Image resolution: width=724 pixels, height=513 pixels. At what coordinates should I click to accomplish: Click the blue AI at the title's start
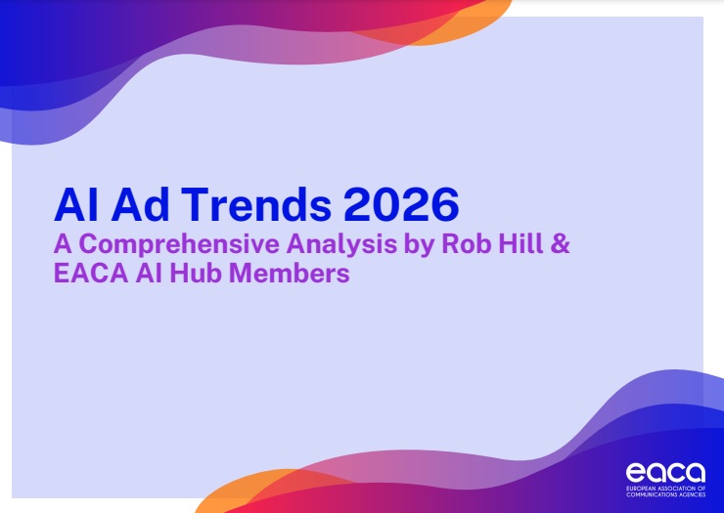point(71,204)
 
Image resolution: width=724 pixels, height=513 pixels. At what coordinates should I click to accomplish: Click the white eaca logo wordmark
point(664,472)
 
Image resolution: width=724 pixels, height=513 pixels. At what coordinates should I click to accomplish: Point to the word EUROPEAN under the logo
point(643,489)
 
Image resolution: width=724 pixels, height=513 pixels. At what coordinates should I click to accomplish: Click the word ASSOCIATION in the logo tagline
point(682,489)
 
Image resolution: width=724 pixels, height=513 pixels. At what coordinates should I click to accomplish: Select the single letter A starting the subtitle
point(62,244)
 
